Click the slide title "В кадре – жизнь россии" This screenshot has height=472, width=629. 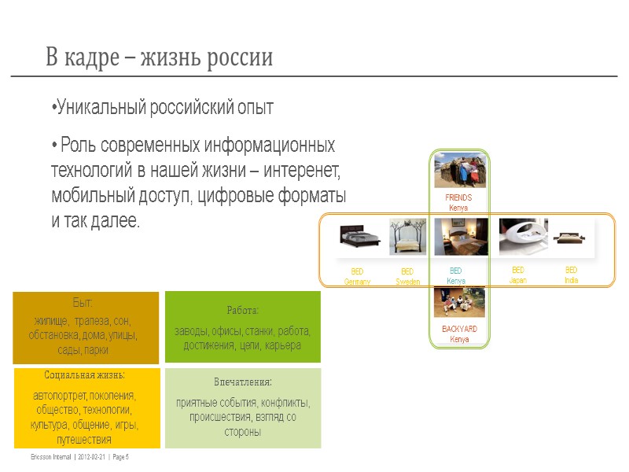[159, 57]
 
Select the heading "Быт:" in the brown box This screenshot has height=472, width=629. [85, 303]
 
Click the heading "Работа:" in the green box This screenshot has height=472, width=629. [242, 311]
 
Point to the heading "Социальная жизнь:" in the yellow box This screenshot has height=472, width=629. [85, 375]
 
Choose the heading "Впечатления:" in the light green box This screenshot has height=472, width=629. [242, 382]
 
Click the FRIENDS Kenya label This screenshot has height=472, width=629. [458, 203]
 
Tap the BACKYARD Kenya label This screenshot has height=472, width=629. [460, 334]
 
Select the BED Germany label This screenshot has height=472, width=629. [357, 276]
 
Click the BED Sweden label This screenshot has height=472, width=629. [407, 276]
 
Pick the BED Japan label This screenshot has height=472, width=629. [517, 275]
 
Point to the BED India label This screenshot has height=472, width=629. [571, 275]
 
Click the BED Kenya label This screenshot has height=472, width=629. [456, 275]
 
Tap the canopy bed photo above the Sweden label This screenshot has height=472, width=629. [408, 237]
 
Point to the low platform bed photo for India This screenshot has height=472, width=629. [568, 236]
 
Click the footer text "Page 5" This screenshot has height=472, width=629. [117, 458]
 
